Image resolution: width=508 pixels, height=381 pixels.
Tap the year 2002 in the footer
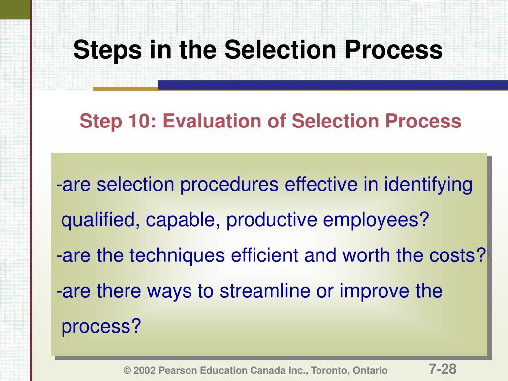click(x=144, y=371)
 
